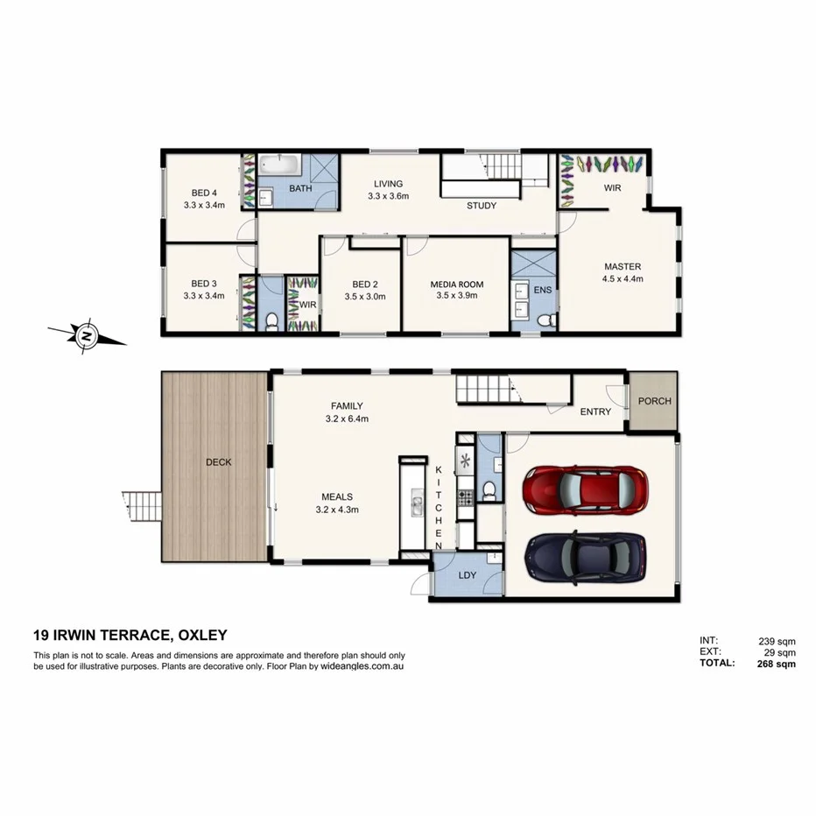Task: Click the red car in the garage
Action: (585, 489)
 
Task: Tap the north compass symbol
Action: (86, 334)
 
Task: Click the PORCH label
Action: (654, 401)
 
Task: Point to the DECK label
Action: (218, 462)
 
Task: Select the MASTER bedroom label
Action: (622, 267)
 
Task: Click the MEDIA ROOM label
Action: (456, 285)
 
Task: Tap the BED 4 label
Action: (204, 193)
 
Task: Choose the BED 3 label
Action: (204, 284)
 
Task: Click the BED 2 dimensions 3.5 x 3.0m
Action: (365, 297)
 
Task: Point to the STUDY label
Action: (481, 206)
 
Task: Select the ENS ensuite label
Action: (543, 289)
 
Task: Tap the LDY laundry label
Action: (467, 574)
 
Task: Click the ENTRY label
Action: (595, 412)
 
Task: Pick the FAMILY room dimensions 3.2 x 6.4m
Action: (347, 419)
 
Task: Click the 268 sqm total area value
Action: (776, 664)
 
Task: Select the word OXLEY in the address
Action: (203, 636)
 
